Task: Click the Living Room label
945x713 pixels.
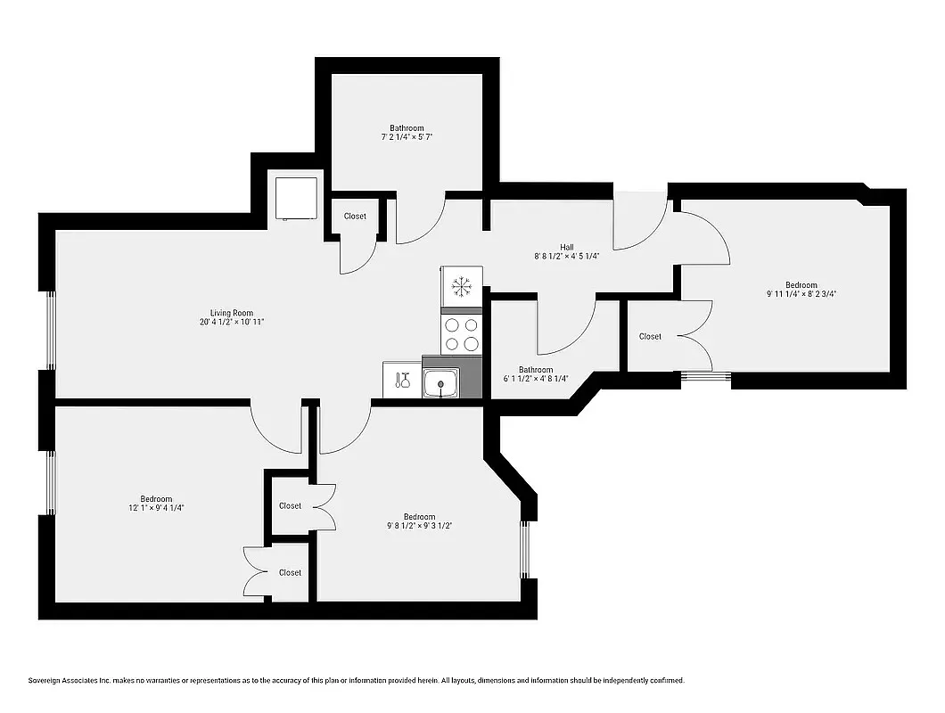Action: [x=232, y=313]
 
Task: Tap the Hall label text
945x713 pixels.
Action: [x=567, y=247]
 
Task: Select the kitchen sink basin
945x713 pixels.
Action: [x=440, y=384]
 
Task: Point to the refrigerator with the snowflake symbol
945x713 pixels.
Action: [x=461, y=286]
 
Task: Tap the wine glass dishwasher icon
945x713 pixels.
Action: [x=401, y=380]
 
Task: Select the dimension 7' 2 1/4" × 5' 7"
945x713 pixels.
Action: [x=407, y=137]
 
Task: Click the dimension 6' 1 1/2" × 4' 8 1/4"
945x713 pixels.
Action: [x=536, y=379]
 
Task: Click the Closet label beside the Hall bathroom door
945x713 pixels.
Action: [x=355, y=216]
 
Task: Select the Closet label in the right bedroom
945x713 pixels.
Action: [x=650, y=336]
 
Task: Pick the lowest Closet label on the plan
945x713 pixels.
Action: [x=290, y=572]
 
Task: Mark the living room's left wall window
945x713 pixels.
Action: [x=51, y=330]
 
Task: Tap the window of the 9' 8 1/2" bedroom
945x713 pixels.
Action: [x=525, y=548]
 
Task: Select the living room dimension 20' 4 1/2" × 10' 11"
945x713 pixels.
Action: [x=232, y=323]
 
